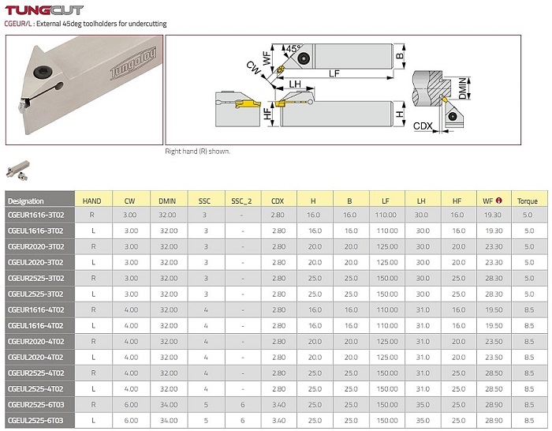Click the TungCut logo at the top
coord(44,10)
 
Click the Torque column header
coord(527,201)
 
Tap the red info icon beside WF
coord(498,201)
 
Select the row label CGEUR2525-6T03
coord(36,405)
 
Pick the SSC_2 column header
coord(241,201)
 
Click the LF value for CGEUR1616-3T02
coord(386,215)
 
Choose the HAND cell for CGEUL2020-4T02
coord(93,357)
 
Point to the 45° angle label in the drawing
coord(293,48)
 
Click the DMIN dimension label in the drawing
coord(464,88)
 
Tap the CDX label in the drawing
coord(423,126)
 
